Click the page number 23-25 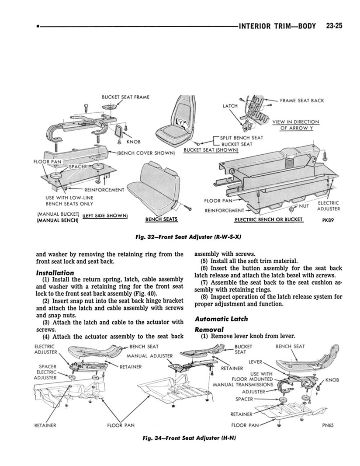(334, 26)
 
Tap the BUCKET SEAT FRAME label (120, 96)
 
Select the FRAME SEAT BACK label (302, 101)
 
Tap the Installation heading (55, 273)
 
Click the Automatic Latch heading (221, 319)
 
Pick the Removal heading (209, 329)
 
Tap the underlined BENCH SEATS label (161, 219)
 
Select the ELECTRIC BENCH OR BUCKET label (269, 219)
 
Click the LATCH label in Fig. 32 (230, 106)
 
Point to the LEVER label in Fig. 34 (255, 362)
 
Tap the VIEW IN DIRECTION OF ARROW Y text (296, 125)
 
